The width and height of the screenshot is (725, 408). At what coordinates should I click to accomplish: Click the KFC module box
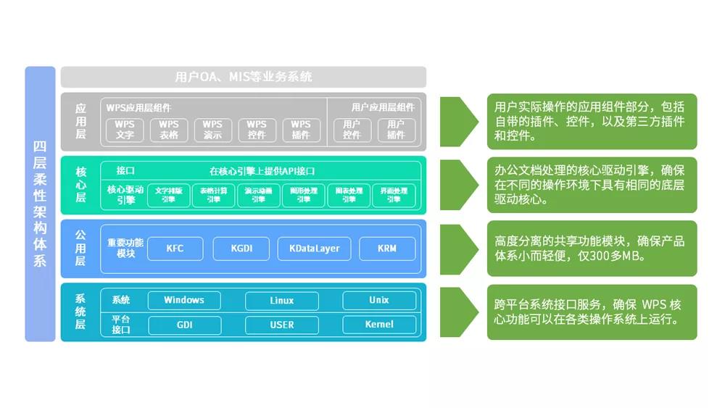click(175, 249)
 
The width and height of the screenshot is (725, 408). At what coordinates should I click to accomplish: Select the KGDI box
click(241, 249)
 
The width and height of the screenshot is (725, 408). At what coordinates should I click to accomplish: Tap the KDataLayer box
click(314, 249)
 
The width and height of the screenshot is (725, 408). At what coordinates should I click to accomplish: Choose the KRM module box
click(387, 249)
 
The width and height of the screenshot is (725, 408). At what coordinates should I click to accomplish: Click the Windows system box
click(184, 300)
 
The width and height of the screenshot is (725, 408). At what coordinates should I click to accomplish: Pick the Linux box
click(282, 300)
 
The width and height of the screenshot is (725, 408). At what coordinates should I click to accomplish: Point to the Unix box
click(379, 300)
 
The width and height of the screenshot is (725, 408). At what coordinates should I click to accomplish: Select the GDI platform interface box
click(184, 325)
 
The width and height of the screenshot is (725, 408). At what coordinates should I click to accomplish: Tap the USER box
click(282, 325)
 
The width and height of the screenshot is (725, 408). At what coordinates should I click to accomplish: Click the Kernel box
click(379, 325)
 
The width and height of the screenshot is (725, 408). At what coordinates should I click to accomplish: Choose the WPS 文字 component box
click(125, 130)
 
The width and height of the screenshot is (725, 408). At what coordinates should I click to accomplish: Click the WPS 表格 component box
click(169, 130)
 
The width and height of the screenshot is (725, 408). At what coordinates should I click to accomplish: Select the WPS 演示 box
click(212, 130)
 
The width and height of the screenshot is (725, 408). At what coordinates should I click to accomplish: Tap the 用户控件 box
click(352, 130)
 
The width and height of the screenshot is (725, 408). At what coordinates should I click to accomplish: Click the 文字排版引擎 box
click(168, 195)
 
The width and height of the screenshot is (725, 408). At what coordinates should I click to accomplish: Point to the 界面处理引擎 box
click(394, 195)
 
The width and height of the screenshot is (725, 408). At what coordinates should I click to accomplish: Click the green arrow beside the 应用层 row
click(458, 121)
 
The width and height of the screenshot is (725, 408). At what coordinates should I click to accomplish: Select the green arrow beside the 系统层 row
click(458, 312)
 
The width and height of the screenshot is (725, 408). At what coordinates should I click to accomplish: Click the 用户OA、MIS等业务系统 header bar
click(244, 77)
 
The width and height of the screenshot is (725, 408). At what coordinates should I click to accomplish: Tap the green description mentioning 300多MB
click(592, 249)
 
